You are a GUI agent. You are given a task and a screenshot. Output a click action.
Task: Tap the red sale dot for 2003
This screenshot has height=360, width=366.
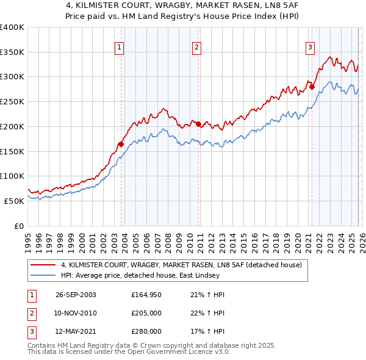[x=121, y=144]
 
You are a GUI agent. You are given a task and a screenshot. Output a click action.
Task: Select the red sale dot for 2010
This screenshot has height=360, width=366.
[x=198, y=124]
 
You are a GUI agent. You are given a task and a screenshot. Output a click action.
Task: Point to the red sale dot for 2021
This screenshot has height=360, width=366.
[x=312, y=87]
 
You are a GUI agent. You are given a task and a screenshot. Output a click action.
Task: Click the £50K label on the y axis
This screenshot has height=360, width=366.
[x=14, y=201]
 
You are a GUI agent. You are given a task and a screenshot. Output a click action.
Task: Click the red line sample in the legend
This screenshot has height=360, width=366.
[x=45, y=265]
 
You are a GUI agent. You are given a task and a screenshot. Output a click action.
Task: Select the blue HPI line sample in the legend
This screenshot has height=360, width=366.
[x=45, y=275]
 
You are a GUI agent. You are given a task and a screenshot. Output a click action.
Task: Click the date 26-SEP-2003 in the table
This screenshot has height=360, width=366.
[x=76, y=295]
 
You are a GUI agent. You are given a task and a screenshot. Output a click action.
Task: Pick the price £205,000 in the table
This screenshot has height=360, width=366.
[x=146, y=313]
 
